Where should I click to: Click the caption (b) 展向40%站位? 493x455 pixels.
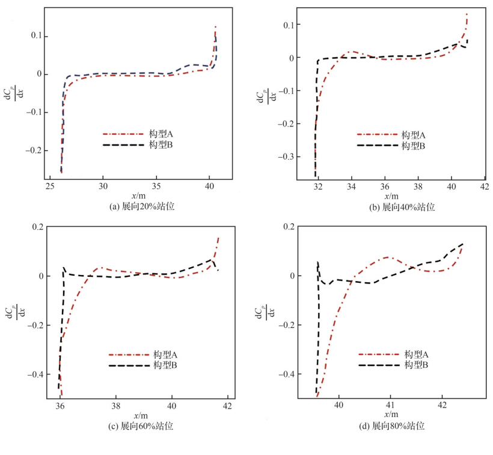click(393, 206)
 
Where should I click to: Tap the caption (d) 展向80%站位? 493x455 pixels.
click(390, 426)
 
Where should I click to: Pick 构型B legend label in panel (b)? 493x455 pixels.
click(414, 145)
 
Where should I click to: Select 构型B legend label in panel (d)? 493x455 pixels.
click(416, 365)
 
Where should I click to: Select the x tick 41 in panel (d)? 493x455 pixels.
click(391, 405)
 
